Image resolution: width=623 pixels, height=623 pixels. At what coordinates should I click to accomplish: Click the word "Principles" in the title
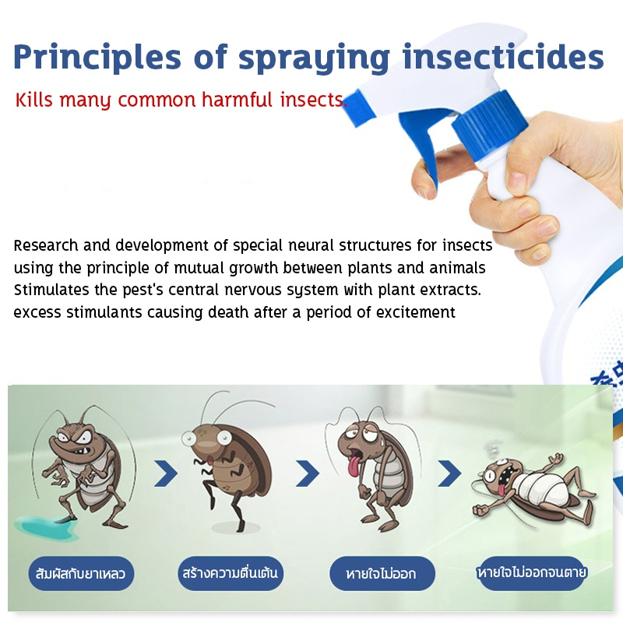[x=97, y=58]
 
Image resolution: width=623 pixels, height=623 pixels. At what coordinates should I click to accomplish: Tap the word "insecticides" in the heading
[x=503, y=57]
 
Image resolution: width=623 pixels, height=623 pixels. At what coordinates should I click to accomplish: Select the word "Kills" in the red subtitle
[x=33, y=100]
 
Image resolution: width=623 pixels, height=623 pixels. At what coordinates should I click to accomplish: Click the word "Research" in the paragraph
[x=46, y=245]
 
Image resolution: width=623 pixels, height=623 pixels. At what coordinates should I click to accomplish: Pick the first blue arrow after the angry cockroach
[x=166, y=473]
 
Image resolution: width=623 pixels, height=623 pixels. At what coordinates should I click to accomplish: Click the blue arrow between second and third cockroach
[x=308, y=473]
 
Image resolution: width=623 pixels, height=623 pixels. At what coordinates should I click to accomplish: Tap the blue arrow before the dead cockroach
[x=449, y=473]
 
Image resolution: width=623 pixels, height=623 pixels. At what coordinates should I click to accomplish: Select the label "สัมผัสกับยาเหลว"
[x=81, y=573]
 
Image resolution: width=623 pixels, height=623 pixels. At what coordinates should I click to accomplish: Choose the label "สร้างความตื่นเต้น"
[x=231, y=573]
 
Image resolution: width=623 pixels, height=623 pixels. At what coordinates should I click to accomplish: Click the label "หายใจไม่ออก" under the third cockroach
[x=382, y=573]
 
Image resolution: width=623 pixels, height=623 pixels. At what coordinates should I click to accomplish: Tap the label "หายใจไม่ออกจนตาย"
[x=532, y=573]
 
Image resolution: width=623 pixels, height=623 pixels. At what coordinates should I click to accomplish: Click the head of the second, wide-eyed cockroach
[x=206, y=440]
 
